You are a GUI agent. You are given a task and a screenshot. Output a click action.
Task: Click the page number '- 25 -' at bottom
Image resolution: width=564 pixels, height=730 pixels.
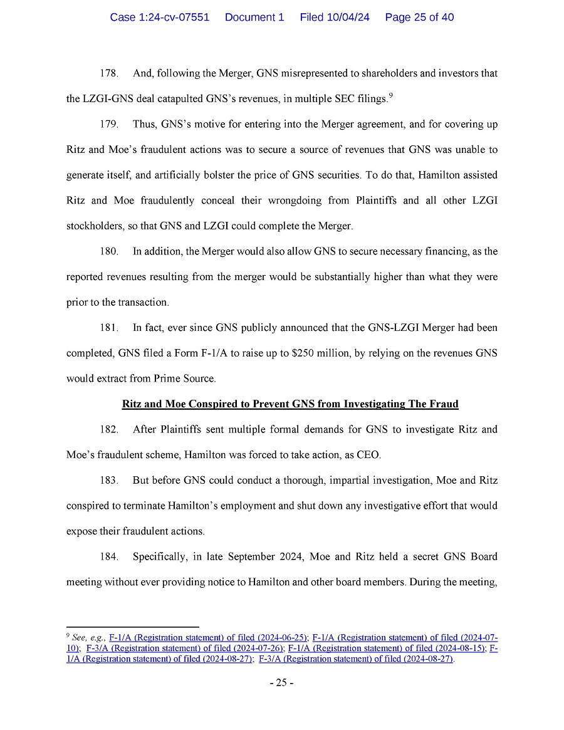coord(282,682)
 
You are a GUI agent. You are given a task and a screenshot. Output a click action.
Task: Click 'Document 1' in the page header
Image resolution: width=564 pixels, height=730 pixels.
coord(254,18)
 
